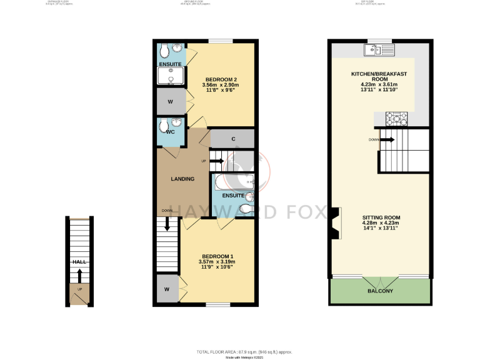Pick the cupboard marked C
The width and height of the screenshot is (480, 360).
[x=232, y=139]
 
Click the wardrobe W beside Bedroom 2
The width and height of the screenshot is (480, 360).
[x=170, y=101]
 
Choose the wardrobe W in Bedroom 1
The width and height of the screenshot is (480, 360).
[x=167, y=289]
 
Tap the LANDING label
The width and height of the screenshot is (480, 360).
[x=182, y=179]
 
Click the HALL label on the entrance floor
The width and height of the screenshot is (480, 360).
[x=79, y=262]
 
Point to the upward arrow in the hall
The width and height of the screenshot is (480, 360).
[x=79, y=276]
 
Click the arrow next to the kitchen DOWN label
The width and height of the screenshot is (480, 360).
[x=388, y=139]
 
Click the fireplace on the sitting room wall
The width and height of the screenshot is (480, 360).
[x=335, y=223]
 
